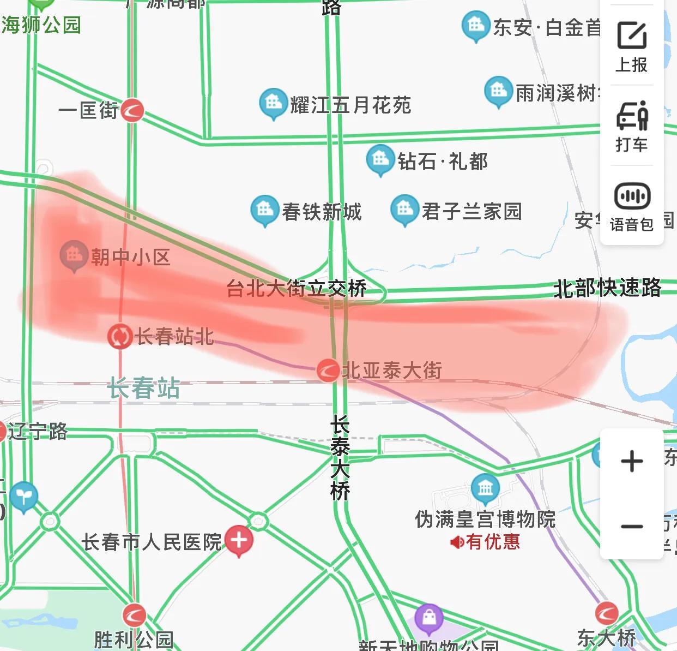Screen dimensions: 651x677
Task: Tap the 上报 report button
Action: coord(632,47)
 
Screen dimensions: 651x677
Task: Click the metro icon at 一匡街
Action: coord(132,110)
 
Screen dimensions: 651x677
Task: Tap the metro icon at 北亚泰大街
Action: coord(328,371)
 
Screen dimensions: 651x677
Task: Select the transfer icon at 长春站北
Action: coord(119,336)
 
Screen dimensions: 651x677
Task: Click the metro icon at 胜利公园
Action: coord(134,615)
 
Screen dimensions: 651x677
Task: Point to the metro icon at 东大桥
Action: coord(606,613)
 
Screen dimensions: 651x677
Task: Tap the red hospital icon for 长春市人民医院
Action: coord(239,540)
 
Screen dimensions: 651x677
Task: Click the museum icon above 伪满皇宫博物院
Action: coord(485,487)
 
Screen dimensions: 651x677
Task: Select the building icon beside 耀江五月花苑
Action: coord(273,103)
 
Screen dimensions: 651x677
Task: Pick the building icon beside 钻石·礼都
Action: coord(380,159)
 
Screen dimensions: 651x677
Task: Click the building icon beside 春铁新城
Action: coord(265,210)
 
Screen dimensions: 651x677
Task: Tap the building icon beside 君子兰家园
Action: coord(404,210)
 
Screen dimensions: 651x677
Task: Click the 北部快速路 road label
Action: coord(607,288)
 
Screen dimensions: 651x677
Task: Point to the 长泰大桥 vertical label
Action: coord(340,457)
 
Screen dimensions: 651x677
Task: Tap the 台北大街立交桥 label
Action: coord(296,288)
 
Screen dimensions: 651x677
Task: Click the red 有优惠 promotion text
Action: coord(492,542)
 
